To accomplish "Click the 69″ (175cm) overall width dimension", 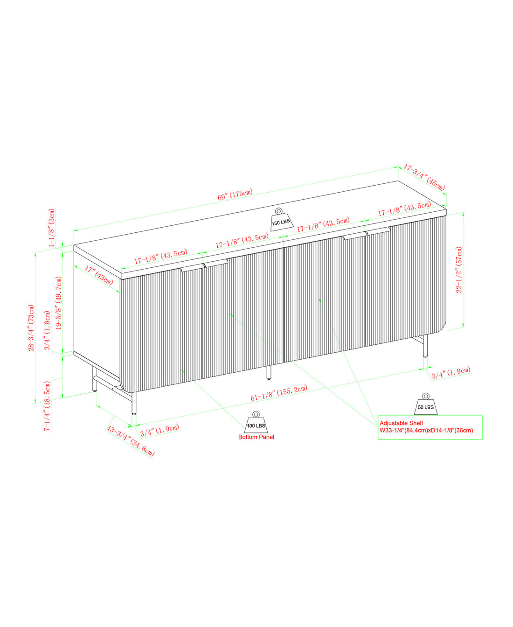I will [235, 195].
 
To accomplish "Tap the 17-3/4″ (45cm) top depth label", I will [424, 176].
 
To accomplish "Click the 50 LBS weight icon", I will [425, 404].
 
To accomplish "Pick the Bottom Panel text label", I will [256, 437].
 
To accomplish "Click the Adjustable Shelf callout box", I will [430, 427].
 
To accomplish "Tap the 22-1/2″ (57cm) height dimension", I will [459, 270].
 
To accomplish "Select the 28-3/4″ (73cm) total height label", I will [31, 327].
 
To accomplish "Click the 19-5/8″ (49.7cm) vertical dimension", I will [59, 303].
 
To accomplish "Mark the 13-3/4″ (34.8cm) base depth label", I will [131, 441].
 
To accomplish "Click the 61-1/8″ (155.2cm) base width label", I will [278, 393].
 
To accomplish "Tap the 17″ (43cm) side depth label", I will [98, 275].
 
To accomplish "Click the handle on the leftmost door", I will [192, 268].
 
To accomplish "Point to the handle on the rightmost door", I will [378, 230].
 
